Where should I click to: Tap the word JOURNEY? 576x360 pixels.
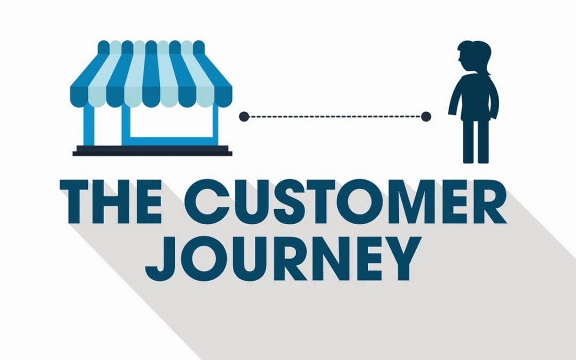point(283,258)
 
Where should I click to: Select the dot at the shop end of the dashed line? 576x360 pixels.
point(244,117)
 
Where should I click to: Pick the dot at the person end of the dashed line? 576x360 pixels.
point(426,117)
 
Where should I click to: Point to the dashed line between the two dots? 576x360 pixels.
point(335,117)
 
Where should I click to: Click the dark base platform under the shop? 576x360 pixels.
point(152,151)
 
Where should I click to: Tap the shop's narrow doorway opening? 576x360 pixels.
point(108,125)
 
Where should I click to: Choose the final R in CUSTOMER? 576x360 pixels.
point(489,202)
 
